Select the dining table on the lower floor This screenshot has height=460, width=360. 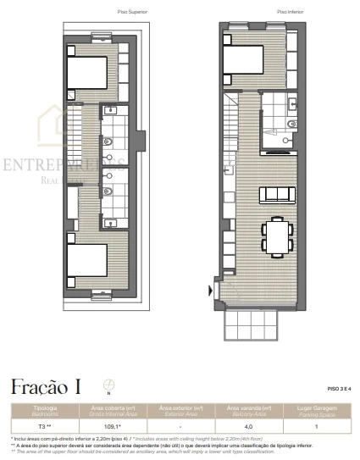276,236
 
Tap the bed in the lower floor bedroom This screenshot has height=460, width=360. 246,61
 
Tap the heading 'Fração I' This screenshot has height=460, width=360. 46,389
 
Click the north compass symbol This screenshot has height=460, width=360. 108,385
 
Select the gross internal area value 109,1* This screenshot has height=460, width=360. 113,427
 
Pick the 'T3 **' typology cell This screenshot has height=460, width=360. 42,427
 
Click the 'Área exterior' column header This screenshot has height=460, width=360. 180,410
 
